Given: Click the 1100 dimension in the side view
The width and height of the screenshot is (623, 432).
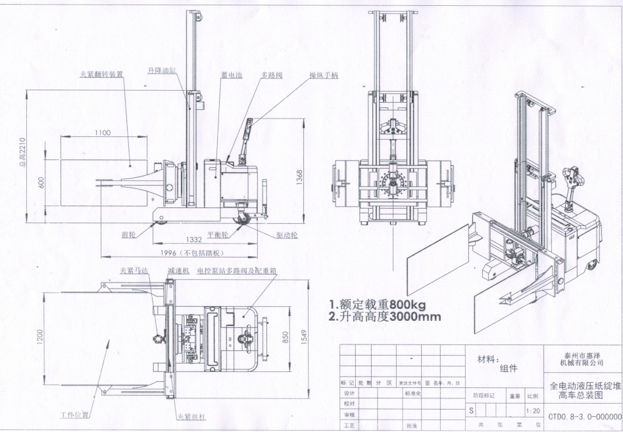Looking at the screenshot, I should click(102, 132).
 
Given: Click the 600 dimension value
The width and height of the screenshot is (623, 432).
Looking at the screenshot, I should click(41, 182).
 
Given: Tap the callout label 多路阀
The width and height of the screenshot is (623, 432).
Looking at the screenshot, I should click(272, 76).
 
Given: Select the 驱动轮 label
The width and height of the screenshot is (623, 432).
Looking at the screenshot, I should click(287, 234).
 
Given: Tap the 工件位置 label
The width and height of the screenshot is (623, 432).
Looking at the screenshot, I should click(71, 416).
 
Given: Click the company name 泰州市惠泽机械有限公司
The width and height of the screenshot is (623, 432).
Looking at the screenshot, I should click(581, 358).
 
